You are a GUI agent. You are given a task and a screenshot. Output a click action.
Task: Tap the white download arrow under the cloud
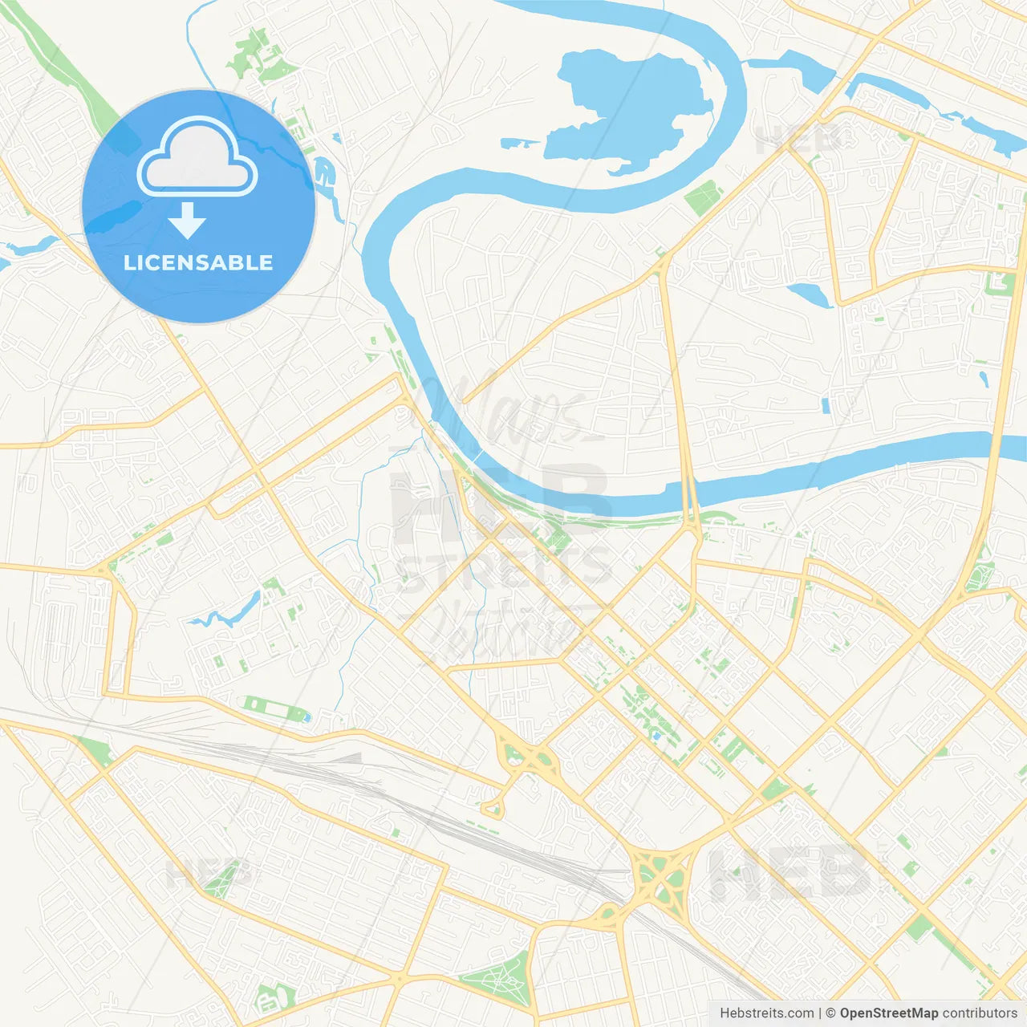[187, 221]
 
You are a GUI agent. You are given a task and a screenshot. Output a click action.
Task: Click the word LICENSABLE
[198, 262]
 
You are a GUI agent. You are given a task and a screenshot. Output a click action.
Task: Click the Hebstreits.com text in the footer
[767, 1013]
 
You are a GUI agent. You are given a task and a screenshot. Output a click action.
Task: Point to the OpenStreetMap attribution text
[888, 1013]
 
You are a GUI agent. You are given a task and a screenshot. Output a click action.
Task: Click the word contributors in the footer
[980, 1013]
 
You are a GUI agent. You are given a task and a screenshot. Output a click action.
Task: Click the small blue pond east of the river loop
[810, 294]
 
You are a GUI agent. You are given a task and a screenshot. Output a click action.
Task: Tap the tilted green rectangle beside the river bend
[704, 197]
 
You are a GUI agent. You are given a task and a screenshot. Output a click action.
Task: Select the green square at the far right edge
[1000, 283]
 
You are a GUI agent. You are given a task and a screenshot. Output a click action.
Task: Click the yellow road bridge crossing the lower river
[689, 489]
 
